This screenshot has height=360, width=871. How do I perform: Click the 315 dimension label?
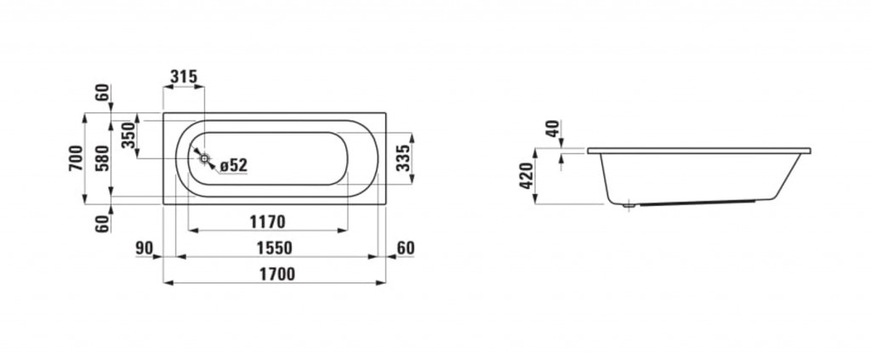point(184,77)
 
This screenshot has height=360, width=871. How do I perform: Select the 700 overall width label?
point(76,158)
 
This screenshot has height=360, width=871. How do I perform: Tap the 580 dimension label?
point(102,158)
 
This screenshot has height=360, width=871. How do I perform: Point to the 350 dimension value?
point(128,135)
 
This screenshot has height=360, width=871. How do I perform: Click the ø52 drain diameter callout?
point(233,165)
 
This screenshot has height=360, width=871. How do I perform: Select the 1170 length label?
point(267,222)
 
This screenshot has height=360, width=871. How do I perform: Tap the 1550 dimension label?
point(274,249)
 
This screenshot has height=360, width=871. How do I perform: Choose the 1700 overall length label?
point(276,274)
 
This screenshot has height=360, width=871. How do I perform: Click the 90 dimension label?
point(145,249)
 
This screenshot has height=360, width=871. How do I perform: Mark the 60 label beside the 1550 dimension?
point(406,249)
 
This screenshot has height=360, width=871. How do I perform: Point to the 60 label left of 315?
point(102,93)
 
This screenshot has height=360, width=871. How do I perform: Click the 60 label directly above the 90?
point(102,224)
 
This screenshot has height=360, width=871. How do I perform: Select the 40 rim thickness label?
point(553,129)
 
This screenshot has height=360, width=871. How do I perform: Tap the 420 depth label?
point(527,175)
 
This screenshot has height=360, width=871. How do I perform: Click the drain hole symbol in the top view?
point(205,159)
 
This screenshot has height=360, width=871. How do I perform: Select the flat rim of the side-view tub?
point(699,151)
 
